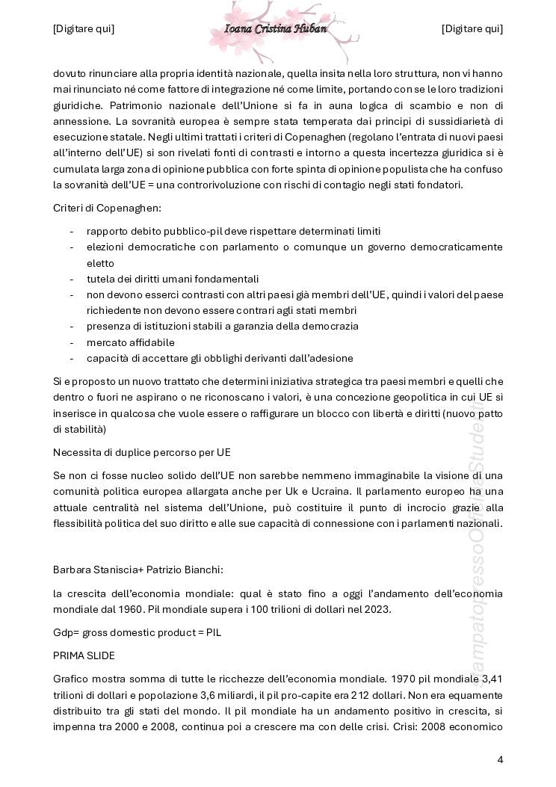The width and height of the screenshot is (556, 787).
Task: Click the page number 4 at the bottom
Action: click(x=500, y=759)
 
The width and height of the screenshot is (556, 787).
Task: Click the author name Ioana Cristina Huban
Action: click(x=275, y=28)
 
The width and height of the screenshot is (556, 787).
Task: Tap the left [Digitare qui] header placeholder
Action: click(x=84, y=28)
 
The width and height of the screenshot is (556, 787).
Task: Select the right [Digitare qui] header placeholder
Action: click(x=472, y=28)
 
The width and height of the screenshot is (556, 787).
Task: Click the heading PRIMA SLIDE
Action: click(x=83, y=655)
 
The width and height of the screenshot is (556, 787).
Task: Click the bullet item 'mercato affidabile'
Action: click(x=130, y=342)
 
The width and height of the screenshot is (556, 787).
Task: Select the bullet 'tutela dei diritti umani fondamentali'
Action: click(x=173, y=279)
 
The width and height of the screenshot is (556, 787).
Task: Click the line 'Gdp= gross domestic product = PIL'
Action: click(x=137, y=632)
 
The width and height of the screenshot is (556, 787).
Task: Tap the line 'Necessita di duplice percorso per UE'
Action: click(x=142, y=452)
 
